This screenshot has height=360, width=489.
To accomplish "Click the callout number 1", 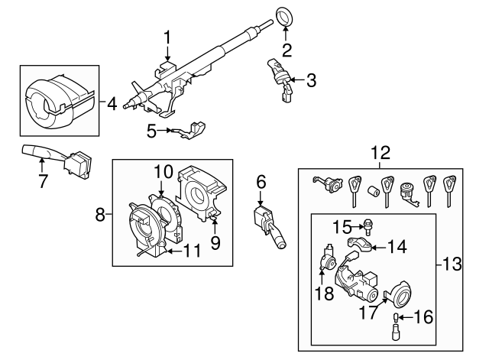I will point(167,36).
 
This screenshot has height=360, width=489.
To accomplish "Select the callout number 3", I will point(310,79).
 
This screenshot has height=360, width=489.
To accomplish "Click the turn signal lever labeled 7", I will point(43,154).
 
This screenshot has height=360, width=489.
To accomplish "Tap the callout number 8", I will point(100,216).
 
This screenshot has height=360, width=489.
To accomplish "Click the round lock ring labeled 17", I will point(400,295).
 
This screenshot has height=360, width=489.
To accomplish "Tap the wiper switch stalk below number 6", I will point(270,227).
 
